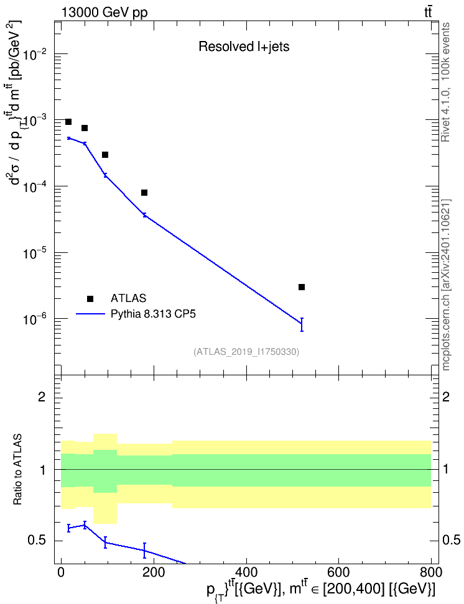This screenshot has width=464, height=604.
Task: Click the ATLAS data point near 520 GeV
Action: coord(302,287)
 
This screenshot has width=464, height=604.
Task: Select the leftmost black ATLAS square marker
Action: coord(68,122)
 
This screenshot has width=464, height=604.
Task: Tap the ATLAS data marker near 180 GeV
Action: coord(144,193)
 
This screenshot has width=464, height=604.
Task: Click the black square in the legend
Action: coord(90,298)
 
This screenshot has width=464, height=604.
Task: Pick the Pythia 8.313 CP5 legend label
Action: coord(153,314)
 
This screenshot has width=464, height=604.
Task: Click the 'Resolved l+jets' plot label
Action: coord(244,47)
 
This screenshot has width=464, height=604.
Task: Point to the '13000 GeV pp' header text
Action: coord(104,12)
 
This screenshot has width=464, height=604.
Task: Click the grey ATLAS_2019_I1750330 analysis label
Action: coord(246,352)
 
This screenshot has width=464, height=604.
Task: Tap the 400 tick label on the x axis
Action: coord(246,572)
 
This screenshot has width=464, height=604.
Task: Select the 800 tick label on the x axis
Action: coord(431,572)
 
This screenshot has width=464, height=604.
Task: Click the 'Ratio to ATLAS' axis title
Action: coord(17,470)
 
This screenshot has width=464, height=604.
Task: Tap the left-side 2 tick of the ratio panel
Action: coord(42,397)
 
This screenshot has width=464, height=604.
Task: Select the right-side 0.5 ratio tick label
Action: coord(451,541)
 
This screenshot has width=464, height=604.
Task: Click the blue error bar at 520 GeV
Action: coord(302,324)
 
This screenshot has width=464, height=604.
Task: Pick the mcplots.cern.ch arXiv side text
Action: coord(446,285)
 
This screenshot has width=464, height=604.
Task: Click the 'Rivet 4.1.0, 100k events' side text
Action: coord(446,82)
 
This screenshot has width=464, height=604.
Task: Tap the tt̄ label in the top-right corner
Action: coord(428,12)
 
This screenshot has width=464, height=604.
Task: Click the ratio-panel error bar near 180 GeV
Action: coord(145,550)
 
